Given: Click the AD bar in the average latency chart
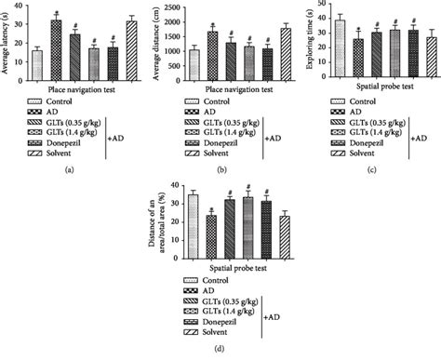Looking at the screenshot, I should pyautogui.click(x=56, y=46).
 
